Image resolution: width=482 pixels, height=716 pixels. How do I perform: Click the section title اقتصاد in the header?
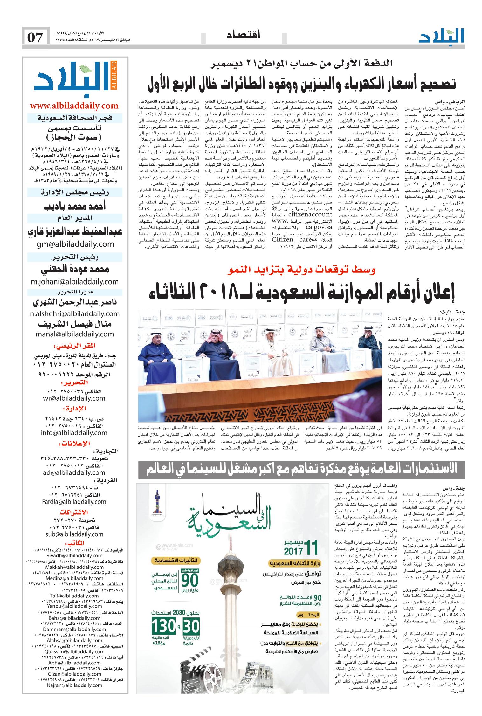[x=244, y=35]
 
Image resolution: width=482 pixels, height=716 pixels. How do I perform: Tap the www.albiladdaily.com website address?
[x=74, y=106]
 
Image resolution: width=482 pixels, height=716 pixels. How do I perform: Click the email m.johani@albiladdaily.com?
[x=74, y=281]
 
